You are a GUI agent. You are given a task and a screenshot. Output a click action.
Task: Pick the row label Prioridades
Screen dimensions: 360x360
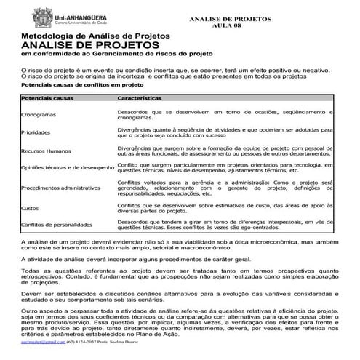click(x=36, y=133)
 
